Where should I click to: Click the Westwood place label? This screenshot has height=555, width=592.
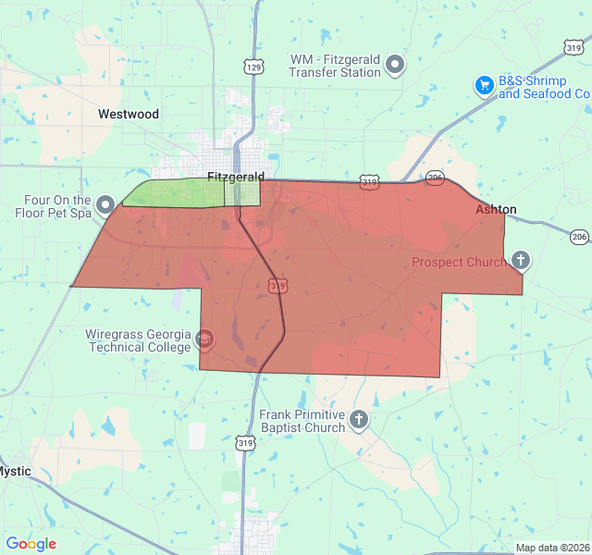(x=129, y=115)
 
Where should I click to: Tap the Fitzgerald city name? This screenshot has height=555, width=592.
(x=236, y=177)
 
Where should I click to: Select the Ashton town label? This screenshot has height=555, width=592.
(x=496, y=210)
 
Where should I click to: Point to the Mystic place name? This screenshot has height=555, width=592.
(x=15, y=471)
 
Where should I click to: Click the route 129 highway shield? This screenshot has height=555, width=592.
(x=254, y=67)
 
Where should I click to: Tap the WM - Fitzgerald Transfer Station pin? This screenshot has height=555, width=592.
(x=396, y=65)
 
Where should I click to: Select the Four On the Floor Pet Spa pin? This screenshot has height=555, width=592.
(x=105, y=204)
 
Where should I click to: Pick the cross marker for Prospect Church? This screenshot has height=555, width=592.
(x=521, y=261)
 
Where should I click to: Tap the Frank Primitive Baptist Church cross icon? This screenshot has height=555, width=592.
(x=358, y=421)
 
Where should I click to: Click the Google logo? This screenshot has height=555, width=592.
(x=31, y=544)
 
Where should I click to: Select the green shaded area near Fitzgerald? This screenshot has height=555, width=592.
(x=176, y=192)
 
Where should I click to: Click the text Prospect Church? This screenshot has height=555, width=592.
(x=459, y=262)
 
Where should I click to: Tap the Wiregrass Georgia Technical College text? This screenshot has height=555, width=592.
(x=139, y=340)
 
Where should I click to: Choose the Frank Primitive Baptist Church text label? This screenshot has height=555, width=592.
(x=302, y=421)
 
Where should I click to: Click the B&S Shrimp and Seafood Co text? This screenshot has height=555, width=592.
(x=544, y=87)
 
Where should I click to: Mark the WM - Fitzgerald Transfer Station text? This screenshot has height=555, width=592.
(x=335, y=65)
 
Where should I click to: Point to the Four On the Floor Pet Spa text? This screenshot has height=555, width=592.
(x=54, y=205)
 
